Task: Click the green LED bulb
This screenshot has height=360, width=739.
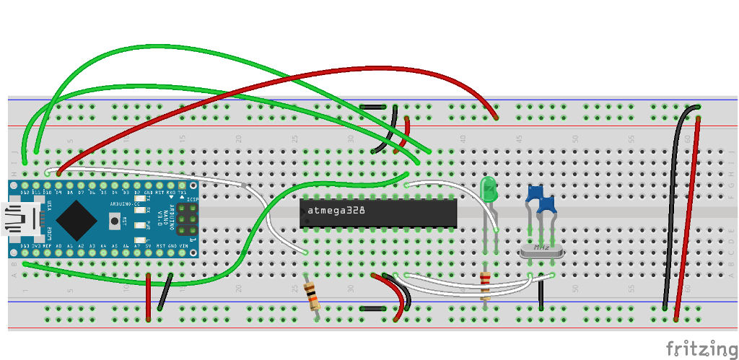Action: [x=489, y=190]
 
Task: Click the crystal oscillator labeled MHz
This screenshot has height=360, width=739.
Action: [x=541, y=249]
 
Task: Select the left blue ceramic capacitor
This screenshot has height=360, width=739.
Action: [x=535, y=194]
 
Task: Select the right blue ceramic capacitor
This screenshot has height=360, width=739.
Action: [x=547, y=204]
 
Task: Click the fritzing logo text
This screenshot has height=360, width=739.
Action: [x=696, y=348]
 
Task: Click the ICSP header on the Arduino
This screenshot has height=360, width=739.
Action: [x=187, y=219]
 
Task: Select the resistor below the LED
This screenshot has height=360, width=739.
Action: [x=485, y=284]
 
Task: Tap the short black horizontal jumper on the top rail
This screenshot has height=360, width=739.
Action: [x=372, y=107]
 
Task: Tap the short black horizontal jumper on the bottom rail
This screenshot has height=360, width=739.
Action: [x=372, y=308]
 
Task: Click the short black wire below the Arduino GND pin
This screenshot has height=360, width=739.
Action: [x=165, y=291]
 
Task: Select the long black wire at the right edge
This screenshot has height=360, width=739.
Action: [x=673, y=209]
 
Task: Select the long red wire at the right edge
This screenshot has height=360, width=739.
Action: [x=688, y=216]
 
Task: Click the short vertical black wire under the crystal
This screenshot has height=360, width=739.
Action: [x=541, y=292]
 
